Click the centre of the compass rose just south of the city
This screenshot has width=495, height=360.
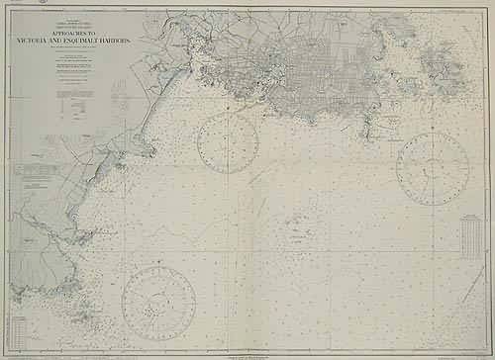(228, 143)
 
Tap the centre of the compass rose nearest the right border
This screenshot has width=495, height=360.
(433, 169)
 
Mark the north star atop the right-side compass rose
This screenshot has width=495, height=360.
(433, 132)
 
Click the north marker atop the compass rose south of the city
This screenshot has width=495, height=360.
(228, 112)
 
